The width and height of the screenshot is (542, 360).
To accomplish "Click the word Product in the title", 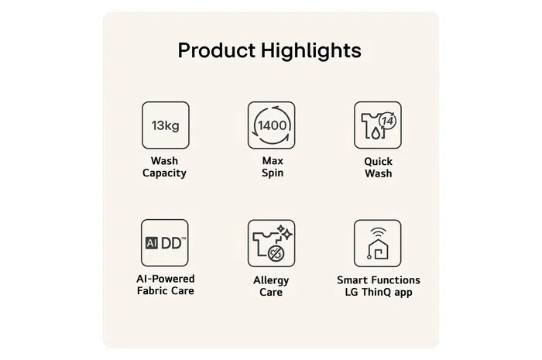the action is click(x=216, y=50).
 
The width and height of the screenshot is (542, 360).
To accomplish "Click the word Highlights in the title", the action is click(x=311, y=51).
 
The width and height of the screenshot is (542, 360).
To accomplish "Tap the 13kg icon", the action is click(x=166, y=125).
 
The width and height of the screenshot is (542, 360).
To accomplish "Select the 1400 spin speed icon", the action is click(x=271, y=125).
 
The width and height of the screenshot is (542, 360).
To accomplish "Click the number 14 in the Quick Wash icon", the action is click(x=387, y=121).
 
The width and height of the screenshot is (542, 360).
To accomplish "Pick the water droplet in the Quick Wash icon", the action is click(x=375, y=132).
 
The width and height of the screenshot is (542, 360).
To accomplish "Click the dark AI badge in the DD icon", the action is click(x=152, y=243).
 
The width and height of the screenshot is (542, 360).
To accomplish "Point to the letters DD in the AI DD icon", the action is click(x=171, y=243).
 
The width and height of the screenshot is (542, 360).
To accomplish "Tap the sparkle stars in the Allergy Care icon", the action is click(x=284, y=232).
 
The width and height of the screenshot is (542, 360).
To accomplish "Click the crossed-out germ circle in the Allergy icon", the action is click(x=276, y=254).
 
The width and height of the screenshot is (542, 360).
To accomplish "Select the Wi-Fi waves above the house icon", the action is click(x=378, y=231).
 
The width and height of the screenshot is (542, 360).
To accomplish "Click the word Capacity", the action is click(x=164, y=173).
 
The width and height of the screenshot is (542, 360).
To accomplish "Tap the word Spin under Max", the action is click(x=273, y=173).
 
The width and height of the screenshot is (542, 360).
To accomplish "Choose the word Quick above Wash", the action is click(x=378, y=161).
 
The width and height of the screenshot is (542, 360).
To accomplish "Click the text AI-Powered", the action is click(x=166, y=279).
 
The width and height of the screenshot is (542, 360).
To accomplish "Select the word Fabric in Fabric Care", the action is click(x=152, y=290).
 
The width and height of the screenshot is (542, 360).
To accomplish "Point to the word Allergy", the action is click(x=271, y=280).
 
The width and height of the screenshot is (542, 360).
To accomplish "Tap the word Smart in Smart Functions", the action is click(x=352, y=280).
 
